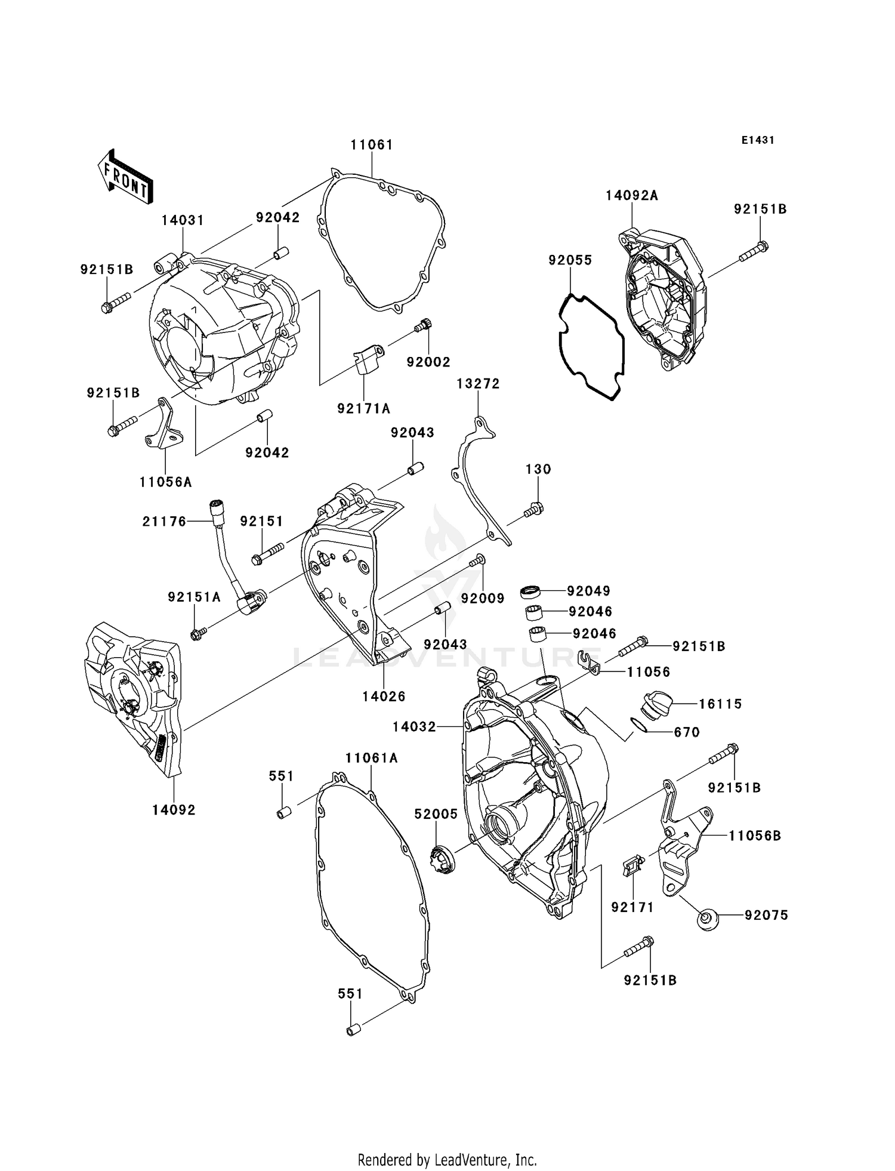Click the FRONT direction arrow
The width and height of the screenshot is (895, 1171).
point(125,177)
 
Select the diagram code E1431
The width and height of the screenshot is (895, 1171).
point(758,140)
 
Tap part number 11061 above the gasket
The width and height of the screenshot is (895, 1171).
point(372,144)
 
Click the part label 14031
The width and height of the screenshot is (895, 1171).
point(183,220)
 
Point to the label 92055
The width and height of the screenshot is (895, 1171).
point(570,260)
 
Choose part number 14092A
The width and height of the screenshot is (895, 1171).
point(632,196)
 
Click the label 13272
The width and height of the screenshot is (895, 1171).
point(478,384)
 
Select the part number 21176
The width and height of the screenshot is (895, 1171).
point(165,522)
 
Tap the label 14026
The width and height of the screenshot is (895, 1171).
point(384,697)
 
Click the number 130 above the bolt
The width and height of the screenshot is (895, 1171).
point(538,470)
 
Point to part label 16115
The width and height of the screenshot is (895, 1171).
point(720,704)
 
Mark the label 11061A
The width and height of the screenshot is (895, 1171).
point(371,758)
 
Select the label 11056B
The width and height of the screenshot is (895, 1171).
point(754,836)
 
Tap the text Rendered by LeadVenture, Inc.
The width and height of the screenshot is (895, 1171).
point(447,1160)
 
